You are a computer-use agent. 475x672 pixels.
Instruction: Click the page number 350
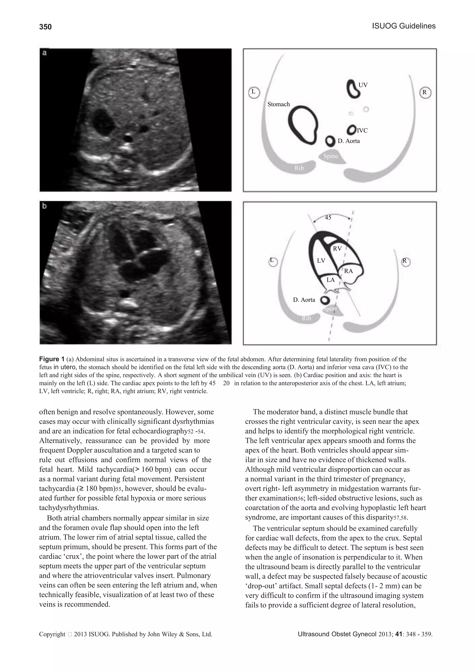click(45, 27)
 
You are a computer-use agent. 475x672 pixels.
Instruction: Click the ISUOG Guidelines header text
click(404, 26)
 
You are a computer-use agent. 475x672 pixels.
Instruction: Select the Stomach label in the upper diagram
click(278, 104)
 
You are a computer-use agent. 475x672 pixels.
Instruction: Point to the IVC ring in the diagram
click(351, 130)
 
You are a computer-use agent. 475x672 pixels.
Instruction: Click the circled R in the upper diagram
click(425, 93)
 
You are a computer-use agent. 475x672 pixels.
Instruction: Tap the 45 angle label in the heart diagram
click(328, 218)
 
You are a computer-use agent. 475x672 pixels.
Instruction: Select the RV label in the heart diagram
click(337, 249)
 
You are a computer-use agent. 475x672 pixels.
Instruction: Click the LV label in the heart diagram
click(321, 260)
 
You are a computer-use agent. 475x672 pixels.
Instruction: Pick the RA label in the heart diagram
click(348, 271)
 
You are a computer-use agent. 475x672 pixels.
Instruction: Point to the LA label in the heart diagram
click(331, 280)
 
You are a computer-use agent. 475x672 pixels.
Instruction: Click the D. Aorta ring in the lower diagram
click(324, 300)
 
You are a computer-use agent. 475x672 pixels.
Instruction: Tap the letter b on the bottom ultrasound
click(45, 206)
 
